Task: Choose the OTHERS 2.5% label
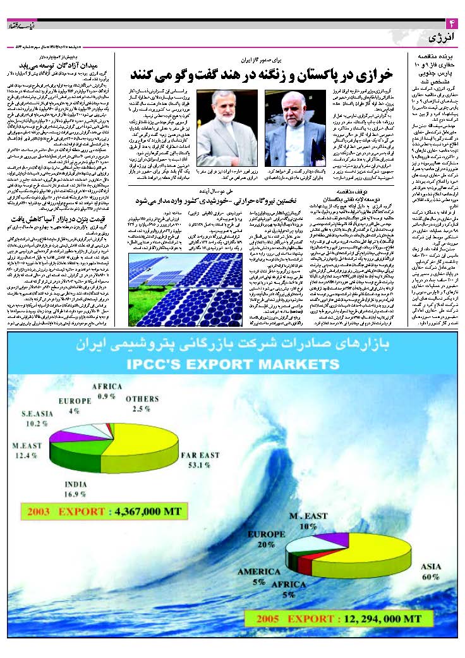pos(142,404)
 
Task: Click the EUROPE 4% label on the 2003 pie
pos(73,406)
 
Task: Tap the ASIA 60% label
pos(430,572)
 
